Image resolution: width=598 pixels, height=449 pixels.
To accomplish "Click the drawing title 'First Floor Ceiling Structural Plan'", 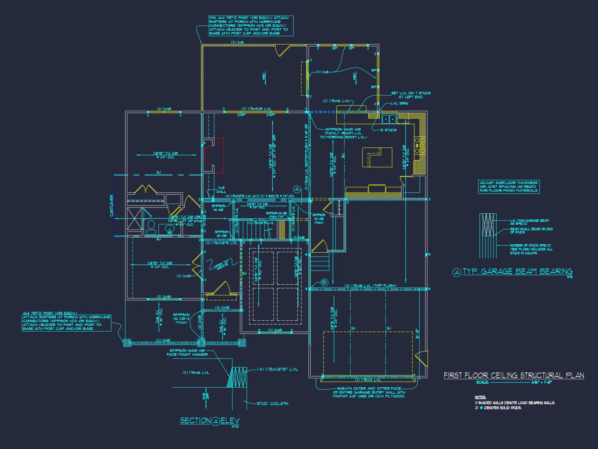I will click(514, 375).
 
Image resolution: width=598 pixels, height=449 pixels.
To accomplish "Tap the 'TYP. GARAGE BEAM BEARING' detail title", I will click(517, 271).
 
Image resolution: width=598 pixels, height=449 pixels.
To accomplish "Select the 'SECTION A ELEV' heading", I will click(210, 421).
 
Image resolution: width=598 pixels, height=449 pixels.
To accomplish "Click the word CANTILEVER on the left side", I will click(112, 206).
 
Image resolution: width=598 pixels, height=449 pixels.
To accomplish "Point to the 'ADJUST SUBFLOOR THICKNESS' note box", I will click(509, 187).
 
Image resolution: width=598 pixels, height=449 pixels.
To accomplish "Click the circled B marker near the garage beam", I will click(324, 282).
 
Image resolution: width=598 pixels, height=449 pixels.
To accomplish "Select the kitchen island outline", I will click(377, 157).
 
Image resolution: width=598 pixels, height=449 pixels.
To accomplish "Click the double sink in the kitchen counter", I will click(389, 119).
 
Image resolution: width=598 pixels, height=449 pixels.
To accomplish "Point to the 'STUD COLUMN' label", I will click(272, 404).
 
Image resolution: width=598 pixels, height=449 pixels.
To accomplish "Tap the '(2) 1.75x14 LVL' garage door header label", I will click(368, 380).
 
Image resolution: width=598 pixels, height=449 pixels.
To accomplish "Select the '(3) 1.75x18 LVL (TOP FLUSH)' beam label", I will click(370, 286).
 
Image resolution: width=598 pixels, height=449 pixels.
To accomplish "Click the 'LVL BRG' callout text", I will click(399, 103).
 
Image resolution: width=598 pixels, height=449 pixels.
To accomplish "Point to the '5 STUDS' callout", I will click(388, 130).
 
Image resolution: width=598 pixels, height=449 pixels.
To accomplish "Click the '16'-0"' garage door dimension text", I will click(417, 333).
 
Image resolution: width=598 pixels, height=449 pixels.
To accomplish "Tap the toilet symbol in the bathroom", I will click(151, 227).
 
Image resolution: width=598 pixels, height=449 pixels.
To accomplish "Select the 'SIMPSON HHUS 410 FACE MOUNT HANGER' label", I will click(187, 352).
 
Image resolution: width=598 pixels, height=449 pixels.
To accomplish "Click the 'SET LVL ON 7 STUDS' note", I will click(411, 95).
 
